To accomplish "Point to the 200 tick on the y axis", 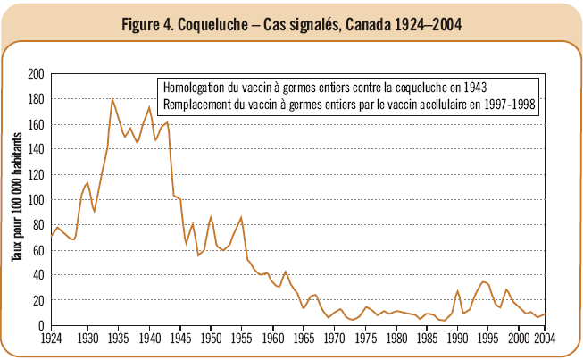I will [37, 74].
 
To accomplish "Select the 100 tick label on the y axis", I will [37, 200].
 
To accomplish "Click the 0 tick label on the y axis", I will [42, 326].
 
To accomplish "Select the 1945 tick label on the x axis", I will [181, 339].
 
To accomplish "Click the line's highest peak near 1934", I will [112, 98].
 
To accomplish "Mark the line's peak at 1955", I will [242, 217].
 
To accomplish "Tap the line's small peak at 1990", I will [457, 291].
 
